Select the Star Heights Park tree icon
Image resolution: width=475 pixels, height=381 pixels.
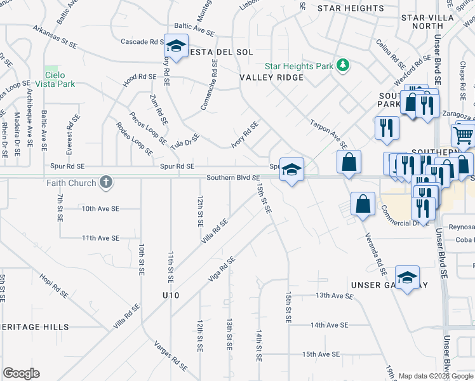coord(343,65)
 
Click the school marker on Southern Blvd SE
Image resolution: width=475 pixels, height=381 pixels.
coord(291,170)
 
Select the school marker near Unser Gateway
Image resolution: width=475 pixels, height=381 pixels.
coord(407,277)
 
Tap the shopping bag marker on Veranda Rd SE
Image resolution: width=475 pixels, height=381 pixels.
coord(362,204)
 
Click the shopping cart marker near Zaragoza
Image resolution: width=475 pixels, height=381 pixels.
coord(463,135)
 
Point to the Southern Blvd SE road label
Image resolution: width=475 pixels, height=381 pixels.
coord(232,178)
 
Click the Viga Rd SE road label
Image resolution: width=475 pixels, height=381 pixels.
coord(222,269)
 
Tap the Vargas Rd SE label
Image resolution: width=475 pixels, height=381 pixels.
coord(171,356)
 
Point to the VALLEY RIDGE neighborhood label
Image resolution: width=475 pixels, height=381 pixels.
coord(271,77)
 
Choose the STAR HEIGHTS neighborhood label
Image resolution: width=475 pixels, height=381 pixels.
coord(351,8)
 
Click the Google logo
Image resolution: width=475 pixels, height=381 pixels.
coord(22,373)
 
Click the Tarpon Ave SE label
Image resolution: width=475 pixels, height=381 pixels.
coord(328,133)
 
